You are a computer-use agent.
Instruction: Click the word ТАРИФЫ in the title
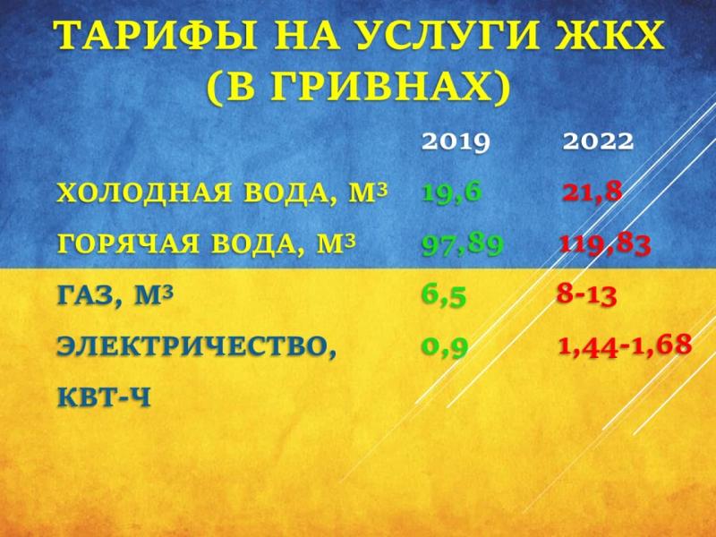[x=157, y=35]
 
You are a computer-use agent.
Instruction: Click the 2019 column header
[x=456, y=141]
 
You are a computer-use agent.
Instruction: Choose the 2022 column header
[x=598, y=141]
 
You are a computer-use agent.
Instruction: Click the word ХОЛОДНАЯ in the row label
[x=144, y=192]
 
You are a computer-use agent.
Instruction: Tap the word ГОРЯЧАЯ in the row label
[x=128, y=243]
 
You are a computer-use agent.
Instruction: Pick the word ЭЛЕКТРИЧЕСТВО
[x=192, y=347]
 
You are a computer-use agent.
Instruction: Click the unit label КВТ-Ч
[x=104, y=397]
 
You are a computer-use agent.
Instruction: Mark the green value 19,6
[x=452, y=192]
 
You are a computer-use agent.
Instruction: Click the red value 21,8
[x=592, y=192]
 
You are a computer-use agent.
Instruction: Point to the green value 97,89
[x=462, y=244]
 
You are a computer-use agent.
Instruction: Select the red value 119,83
[x=605, y=244]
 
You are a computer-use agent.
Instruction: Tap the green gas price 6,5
[x=443, y=296]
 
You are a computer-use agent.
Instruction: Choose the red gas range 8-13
[x=587, y=295]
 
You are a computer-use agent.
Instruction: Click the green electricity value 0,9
[x=445, y=347]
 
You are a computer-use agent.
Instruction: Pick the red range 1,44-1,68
[x=625, y=345]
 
